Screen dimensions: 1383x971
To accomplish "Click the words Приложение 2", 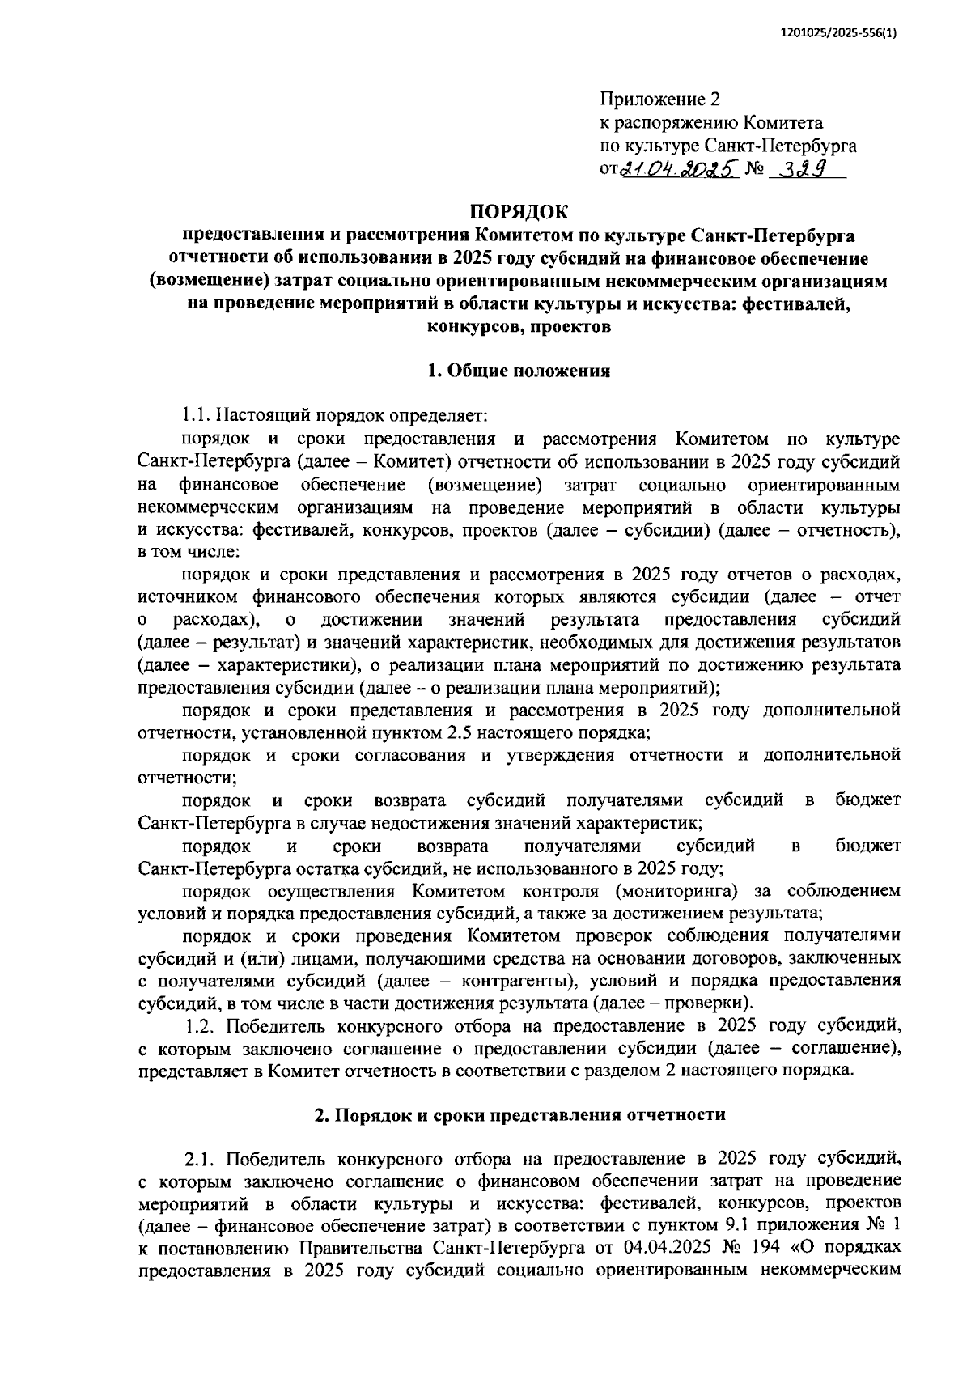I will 659,100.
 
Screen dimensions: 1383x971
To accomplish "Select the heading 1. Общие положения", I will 518,371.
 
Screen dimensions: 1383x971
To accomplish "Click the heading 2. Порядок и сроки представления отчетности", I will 519,1114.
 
